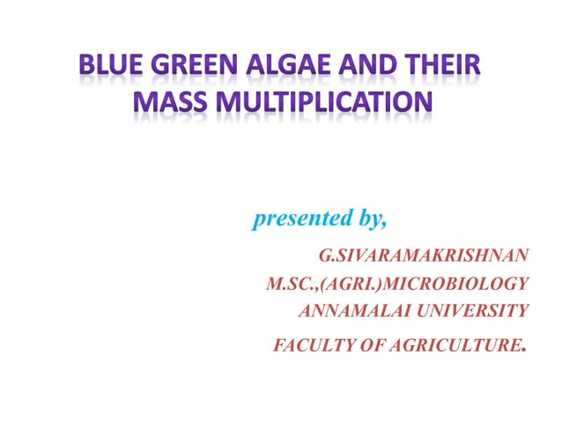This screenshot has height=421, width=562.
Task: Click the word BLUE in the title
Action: coord(106,67)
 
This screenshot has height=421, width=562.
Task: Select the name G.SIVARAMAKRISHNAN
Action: coord(424,256)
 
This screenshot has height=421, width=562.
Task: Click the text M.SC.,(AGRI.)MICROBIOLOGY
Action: coord(397,284)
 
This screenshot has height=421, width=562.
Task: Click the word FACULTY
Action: coord(307,344)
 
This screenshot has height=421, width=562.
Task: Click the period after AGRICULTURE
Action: coord(525,348)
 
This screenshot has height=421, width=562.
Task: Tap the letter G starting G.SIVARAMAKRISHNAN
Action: coord(324,256)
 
